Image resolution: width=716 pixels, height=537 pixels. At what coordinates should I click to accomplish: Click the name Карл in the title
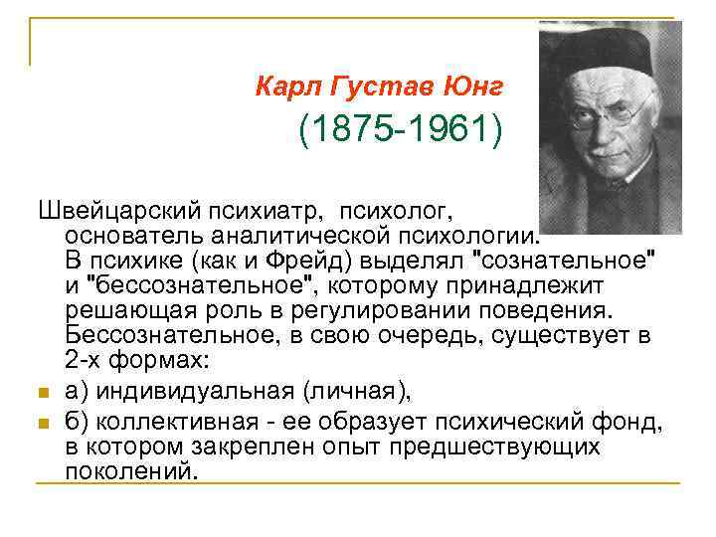tap(282, 87)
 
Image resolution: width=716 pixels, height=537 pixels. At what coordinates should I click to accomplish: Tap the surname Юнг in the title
tap(476, 87)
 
